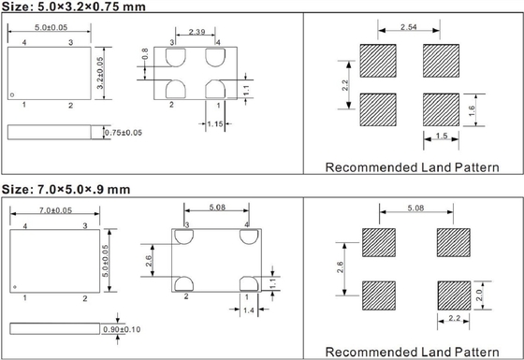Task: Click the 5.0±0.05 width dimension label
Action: point(51,27)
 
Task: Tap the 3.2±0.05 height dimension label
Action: point(100,73)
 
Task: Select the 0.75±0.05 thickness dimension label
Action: point(124,133)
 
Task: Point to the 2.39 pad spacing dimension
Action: point(196,32)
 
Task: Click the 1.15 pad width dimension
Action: point(215,124)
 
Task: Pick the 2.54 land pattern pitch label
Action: point(409,27)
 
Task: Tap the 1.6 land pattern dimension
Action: point(472,110)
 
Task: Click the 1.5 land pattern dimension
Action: point(442,136)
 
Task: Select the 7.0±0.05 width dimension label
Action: point(55,210)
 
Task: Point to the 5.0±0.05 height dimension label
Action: point(105,261)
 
